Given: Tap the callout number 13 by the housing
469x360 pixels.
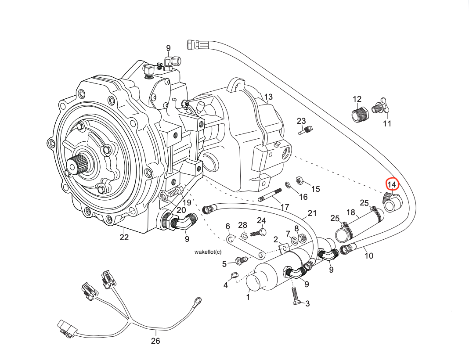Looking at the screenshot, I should click(x=268, y=97).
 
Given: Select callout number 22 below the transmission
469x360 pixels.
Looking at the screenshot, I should click(x=124, y=238).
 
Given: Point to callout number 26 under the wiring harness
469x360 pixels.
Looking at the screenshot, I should click(x=155, y=341).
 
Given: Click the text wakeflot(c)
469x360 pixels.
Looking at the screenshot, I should click(x=208, y=252).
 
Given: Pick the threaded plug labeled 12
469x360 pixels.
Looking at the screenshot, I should click(x=359, y=115).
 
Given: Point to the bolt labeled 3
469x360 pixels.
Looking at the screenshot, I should click(x=294, y=296).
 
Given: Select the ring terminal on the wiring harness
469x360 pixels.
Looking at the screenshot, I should click(x=197, y=301).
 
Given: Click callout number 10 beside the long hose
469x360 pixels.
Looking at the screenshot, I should click(x=369, y=256).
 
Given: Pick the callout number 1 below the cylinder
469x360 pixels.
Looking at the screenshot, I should click(x=248, y=297).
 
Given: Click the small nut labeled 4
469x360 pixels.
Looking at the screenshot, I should click(x=234, y=276).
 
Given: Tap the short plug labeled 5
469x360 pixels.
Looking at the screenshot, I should click(x=239, y=261).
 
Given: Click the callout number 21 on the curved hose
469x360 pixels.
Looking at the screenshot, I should click(x=312, y=214).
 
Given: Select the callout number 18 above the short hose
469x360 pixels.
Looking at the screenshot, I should click(x=350, y=213).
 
